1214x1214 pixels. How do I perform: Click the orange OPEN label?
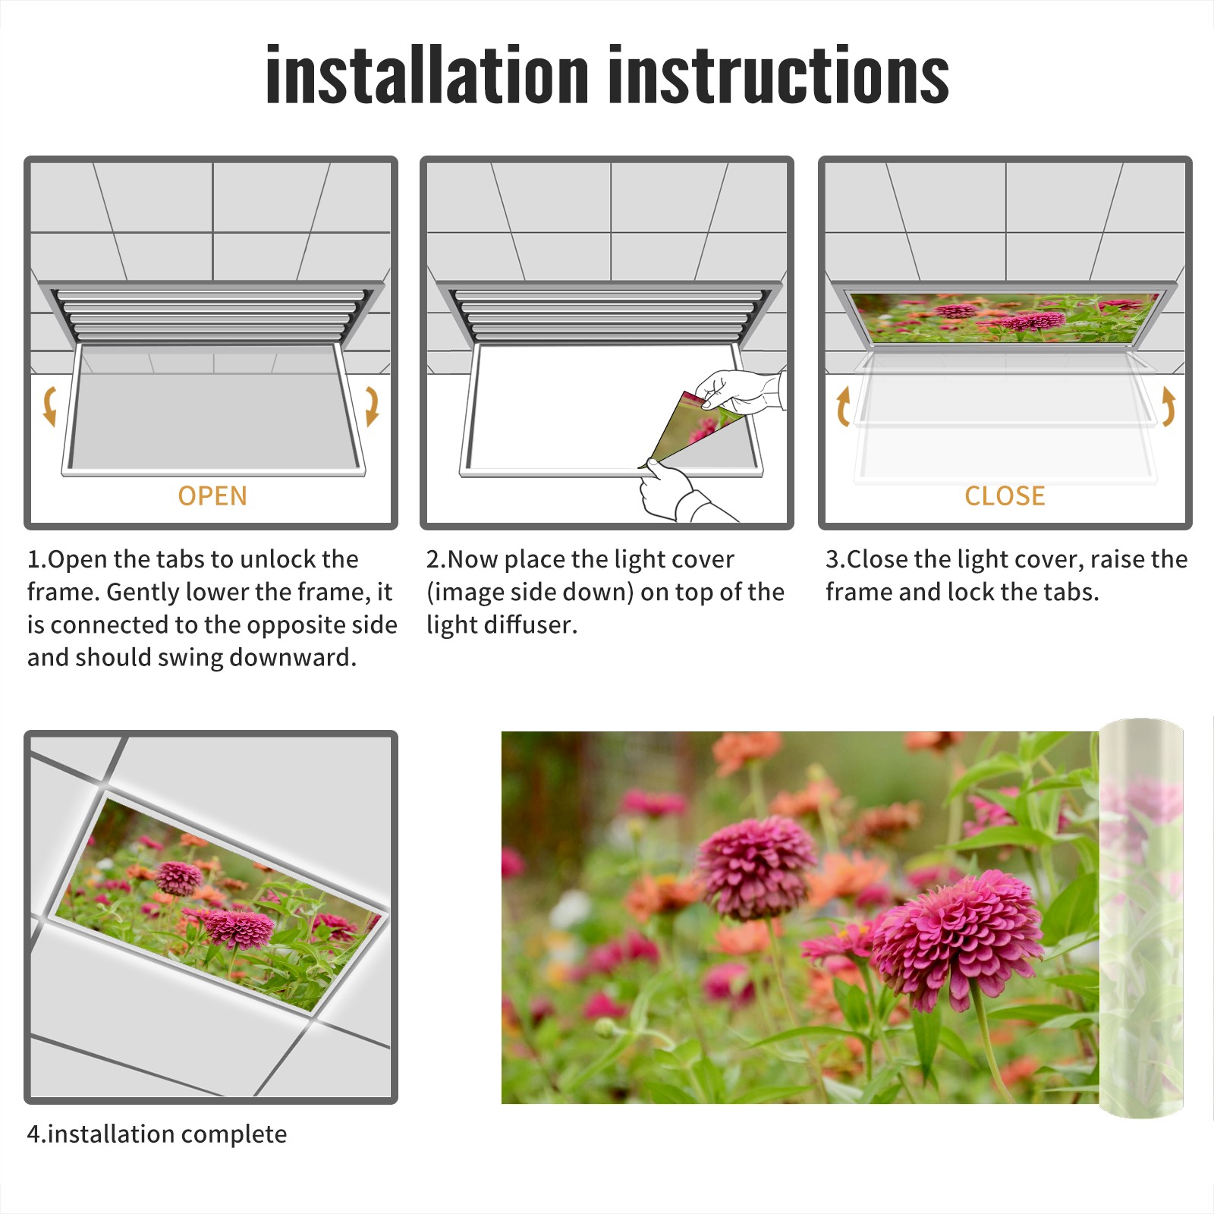[x=212, y=495]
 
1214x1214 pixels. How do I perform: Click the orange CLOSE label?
[x=1005, y=495]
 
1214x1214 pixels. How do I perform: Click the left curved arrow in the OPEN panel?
[x=50, y=406]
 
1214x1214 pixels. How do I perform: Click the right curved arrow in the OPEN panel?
[x=372, y=406]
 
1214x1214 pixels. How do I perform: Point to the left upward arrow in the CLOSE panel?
[x=842, y=406]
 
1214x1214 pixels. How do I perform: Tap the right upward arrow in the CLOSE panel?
[x=1168, y=406]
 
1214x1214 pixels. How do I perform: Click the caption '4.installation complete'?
[x=157, y=1134]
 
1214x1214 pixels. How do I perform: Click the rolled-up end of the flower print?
[x=1141, y=918]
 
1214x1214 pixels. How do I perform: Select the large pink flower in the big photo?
[x=958, y=941]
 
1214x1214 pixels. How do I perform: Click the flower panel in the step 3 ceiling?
[x=1005, y=317]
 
